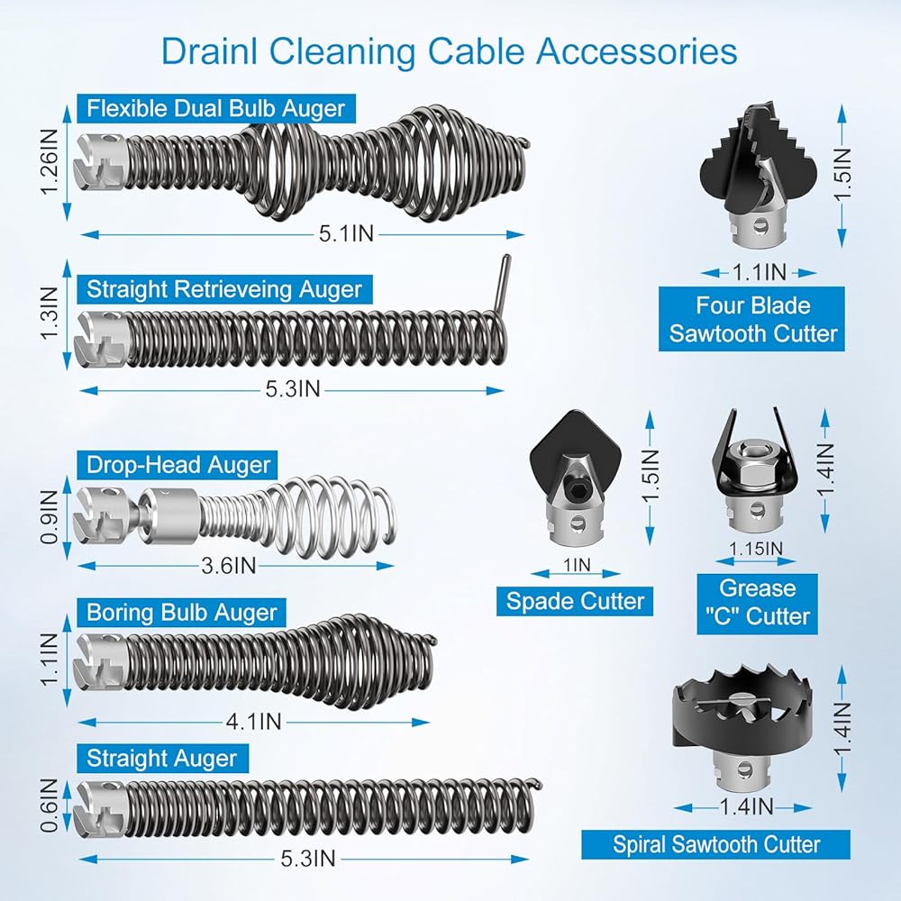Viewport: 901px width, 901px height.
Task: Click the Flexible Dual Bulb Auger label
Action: pyautogui.click(x=216, y=109)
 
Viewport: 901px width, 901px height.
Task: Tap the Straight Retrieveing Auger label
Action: pyautogui.click(x=224, y=289)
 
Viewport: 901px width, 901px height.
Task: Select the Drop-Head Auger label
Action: pyautogui.click(x=177, y=465)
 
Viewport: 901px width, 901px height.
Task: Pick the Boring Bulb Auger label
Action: pyautogui.click(x=182, y=613)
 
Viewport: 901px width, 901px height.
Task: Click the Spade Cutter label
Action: pyautogui.click(x=575, y=601)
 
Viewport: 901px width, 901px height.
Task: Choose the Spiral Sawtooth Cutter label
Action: pyautogui.click(x=716, y=845)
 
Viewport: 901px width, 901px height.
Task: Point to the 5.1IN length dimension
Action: pyautogui.click(x=347, y=233)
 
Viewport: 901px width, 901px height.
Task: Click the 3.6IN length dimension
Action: pyautogui.click(x=228, y=566)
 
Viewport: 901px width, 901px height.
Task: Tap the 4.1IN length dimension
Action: pyautogui.click(x=253, y=722)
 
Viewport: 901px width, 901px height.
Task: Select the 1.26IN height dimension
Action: pyautogui.click(x=50, y=161)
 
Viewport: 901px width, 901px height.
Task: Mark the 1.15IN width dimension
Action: pyautogui.click(x=756, y=549)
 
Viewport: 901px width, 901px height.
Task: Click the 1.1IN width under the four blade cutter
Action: pyautogui.click(x=759, y=272)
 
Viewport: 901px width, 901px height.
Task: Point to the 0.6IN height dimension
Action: pyautogui.click(x=50, y=805)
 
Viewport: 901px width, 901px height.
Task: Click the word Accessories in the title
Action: pyautogui.click(x=637, y=51)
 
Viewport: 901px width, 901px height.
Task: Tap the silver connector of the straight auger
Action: pyautogui.click(x=99, y=808)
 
